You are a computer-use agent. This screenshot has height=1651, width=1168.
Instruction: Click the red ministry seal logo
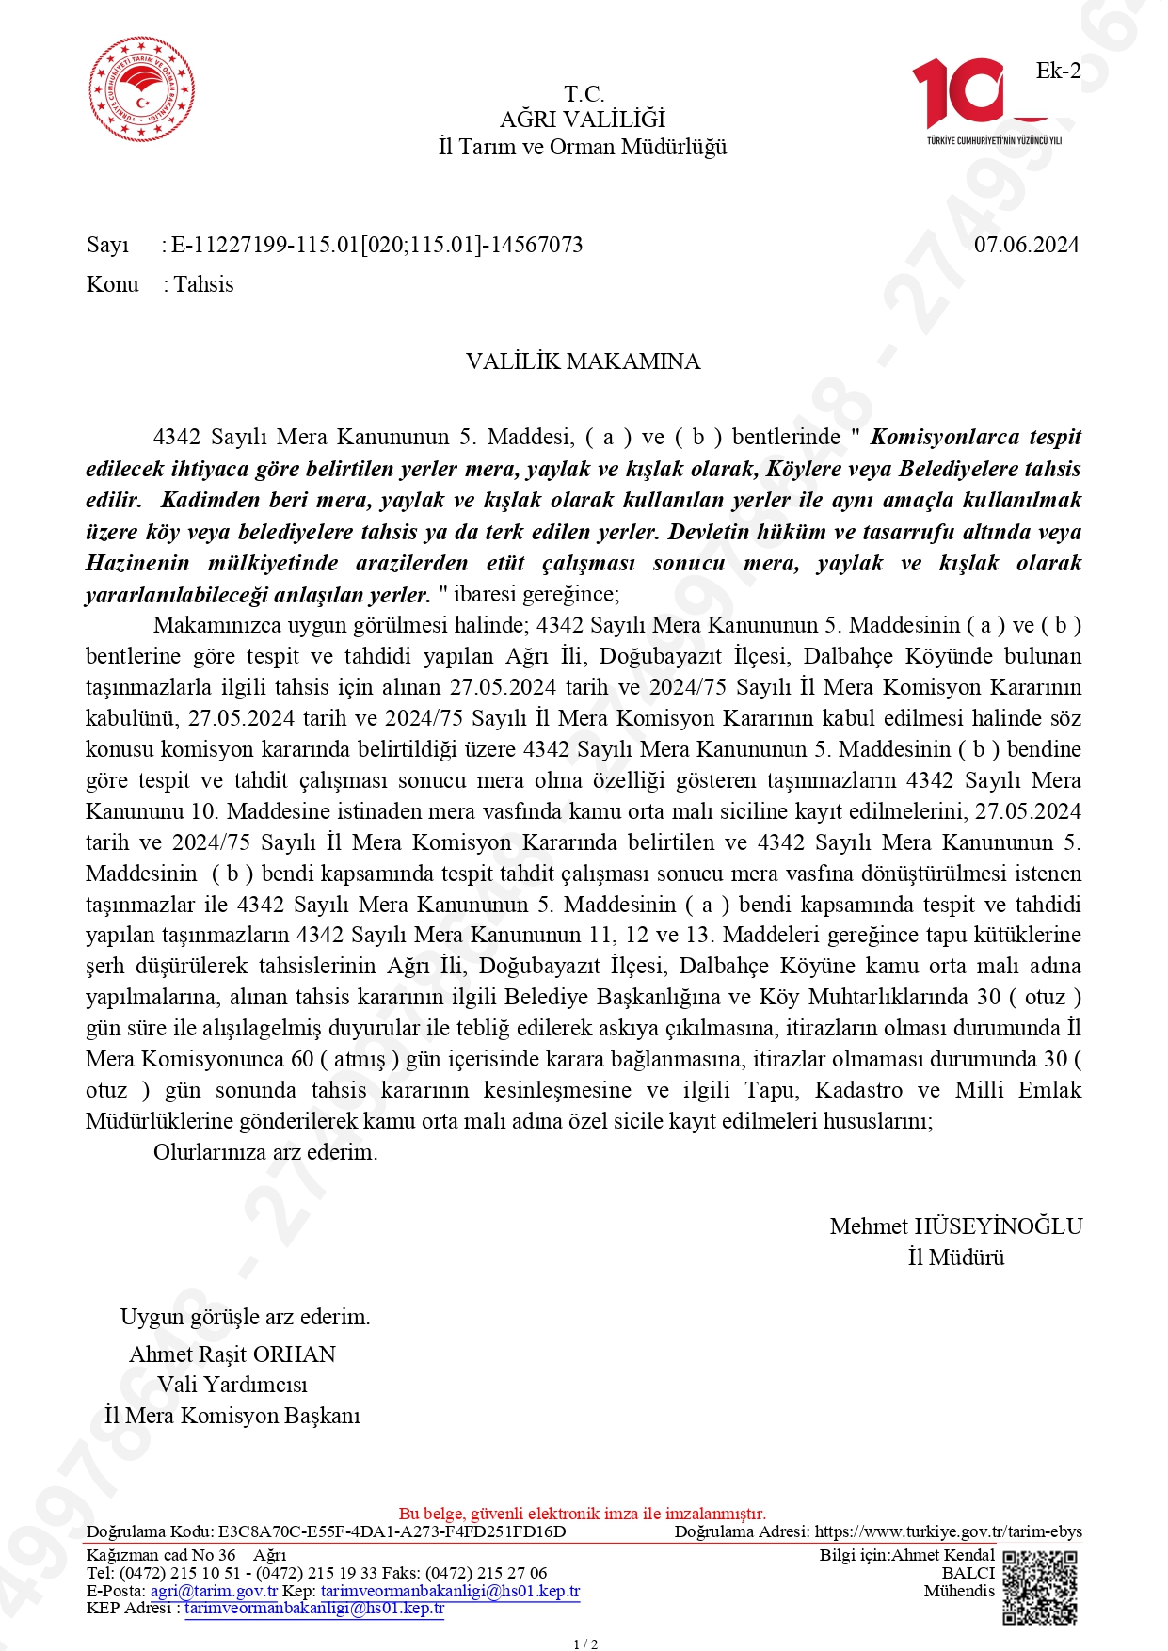[141, 90]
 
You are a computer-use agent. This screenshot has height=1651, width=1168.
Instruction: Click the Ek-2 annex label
[1058, 71]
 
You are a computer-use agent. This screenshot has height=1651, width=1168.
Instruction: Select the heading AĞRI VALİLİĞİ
[583, 120]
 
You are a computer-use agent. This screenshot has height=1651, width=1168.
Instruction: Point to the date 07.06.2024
[1026, 245]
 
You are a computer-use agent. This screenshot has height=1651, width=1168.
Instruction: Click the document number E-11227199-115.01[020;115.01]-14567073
[376, 245]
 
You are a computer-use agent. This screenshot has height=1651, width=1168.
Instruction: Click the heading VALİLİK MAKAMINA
[583, 361]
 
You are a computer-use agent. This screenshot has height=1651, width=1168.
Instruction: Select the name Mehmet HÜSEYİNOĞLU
[955, 1226]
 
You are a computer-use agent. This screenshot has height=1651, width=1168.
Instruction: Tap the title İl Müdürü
[955, 1258]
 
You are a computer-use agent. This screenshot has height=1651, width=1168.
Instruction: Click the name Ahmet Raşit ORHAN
[232, 1354]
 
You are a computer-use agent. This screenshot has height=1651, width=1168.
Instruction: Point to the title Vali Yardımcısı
[232, 1385]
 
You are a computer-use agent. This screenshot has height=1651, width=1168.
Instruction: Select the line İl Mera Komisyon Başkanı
[232, 1416]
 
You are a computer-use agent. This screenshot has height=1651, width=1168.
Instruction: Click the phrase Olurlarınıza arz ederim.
[265, 1152]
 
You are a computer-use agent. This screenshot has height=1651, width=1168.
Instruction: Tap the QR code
[1040, 1589]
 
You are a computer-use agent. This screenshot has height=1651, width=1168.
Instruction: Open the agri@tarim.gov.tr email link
[214, 1591]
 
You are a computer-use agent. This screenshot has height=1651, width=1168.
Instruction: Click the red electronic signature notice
[583, 1514]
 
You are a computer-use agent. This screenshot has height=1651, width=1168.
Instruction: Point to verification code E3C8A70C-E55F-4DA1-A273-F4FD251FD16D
[392, 1531]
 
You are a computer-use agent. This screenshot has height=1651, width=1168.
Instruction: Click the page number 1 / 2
[585, 1643]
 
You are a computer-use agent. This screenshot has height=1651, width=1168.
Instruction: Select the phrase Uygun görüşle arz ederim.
[245, 1317]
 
